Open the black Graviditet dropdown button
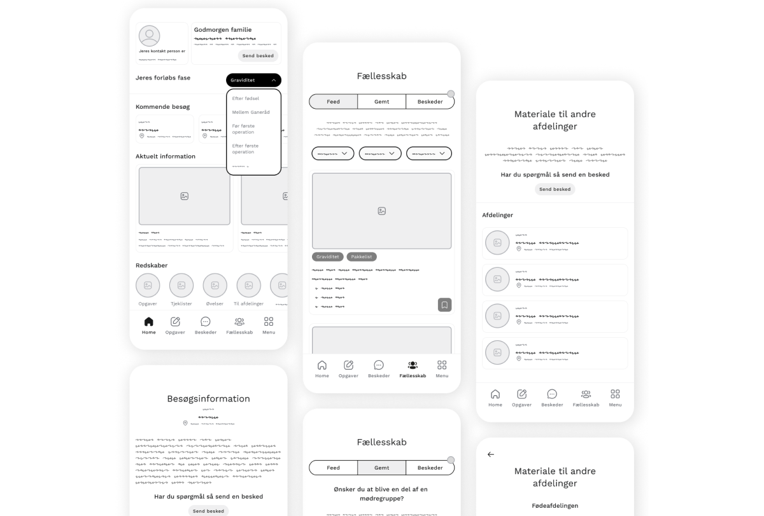click(x=253, y=80)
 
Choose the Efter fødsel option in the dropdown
click(x=246, y=99)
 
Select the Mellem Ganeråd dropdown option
click(x=251, y=112)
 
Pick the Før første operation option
click(x=244, y=129)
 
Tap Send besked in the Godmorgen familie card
click(x=258, y=56)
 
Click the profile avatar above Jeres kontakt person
click(x=150, y=36)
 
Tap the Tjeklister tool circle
click(x=181, y=286)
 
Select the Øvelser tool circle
click(x=215, y=286)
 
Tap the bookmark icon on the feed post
click(x=444, y=305)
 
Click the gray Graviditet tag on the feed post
click(x=328, y=257)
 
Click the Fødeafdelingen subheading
click(x=555, y=506)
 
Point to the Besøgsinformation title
click(x=208, y=399)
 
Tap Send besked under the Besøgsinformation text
click(x=208, y=511)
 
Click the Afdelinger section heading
click(x=498, y=215)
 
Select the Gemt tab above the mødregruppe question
click(x=381, y=468)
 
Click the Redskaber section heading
click(x=152, y=265)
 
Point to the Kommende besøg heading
click(x=162, y=107)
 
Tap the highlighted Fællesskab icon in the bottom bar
click(x=413, y=365)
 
